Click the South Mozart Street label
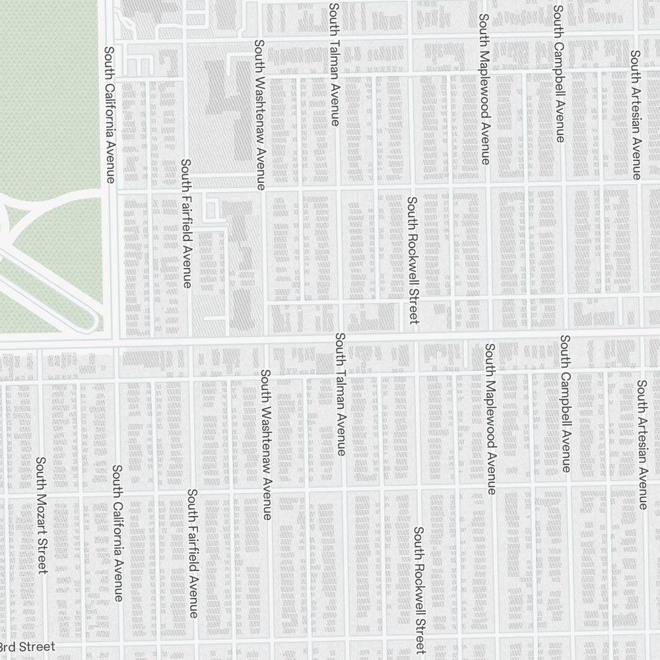coord(41,515)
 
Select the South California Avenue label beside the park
coord(110,114)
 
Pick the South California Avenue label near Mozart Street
coord(117,533)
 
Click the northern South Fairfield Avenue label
coord(187,224)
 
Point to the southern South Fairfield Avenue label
coord(193,554)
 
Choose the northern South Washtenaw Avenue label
coord(259,115)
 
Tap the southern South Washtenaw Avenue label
coord(265,444)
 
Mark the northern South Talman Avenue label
coord(334,64)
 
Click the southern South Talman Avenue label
coord(340,394)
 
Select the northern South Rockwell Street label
coord(412,260)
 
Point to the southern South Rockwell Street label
coord(419,589)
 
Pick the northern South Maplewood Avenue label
coord(484,89)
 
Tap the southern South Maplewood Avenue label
coord(490,418)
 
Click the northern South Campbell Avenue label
coord(559,74)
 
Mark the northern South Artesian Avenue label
coord(636,115)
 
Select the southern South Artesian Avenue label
coord(642,444)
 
